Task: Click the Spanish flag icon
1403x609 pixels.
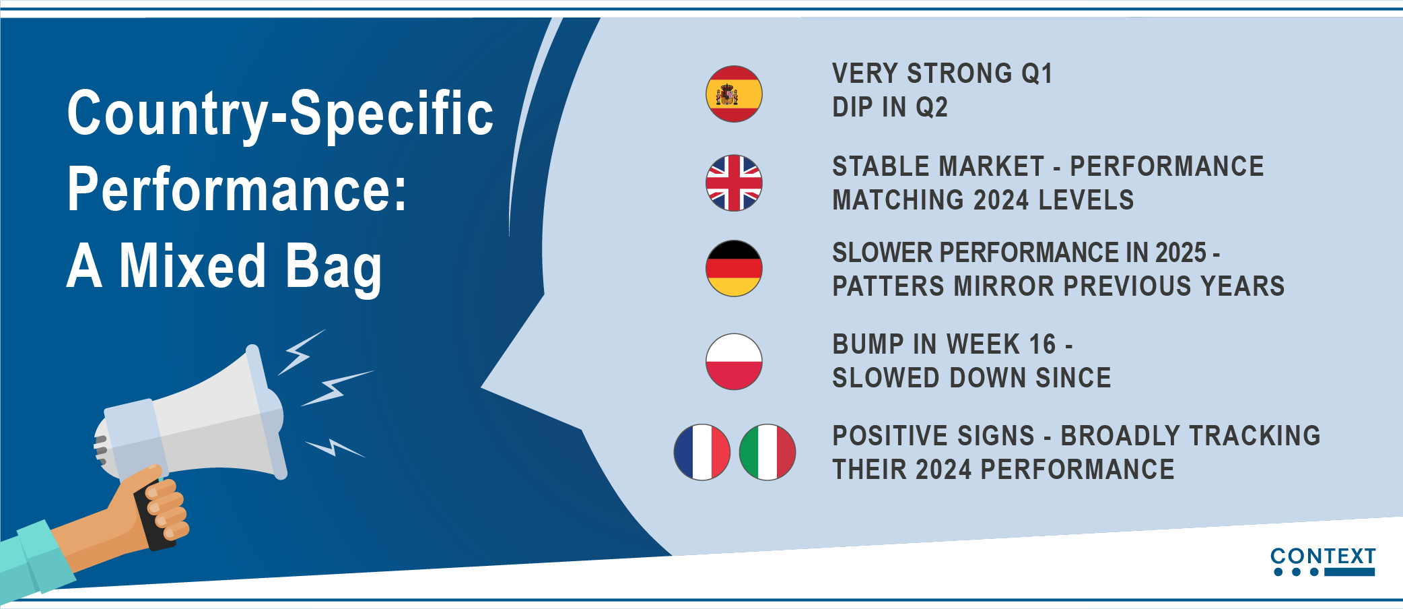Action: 734,94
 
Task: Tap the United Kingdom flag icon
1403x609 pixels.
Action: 734,183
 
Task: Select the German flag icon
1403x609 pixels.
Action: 734,268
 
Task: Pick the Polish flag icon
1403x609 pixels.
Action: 734,362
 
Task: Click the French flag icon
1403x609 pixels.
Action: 702,452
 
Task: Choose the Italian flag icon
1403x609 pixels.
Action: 767,452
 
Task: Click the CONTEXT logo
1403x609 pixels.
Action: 1323,562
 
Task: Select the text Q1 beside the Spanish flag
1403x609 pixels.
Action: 1037,73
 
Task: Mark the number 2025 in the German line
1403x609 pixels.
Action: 1181,253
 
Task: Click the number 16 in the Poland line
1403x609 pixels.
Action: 1042,344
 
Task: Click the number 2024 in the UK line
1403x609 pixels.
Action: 1001,200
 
